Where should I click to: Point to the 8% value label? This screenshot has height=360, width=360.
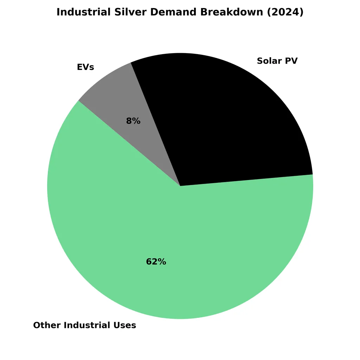click(133, 121)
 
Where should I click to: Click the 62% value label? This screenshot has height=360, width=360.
click(156, 262)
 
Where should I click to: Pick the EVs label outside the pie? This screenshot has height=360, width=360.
click(85, 67)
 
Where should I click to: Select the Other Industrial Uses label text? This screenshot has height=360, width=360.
click(84, 325)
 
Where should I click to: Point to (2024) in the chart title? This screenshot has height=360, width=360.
click(285, 12)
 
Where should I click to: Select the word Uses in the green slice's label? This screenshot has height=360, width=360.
click(125, 325)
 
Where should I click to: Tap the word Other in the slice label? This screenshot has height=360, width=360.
click(45, 325)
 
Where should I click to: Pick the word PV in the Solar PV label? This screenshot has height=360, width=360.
click(291, 61)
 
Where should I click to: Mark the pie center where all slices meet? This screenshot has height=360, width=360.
click(180, 186)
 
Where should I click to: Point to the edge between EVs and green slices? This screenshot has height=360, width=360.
click(129, 143)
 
